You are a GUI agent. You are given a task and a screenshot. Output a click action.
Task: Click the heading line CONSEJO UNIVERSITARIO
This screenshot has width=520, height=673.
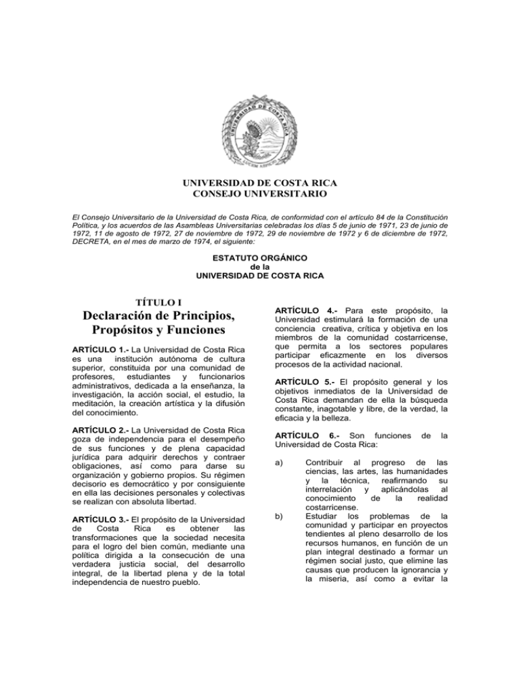coord(260,196)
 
